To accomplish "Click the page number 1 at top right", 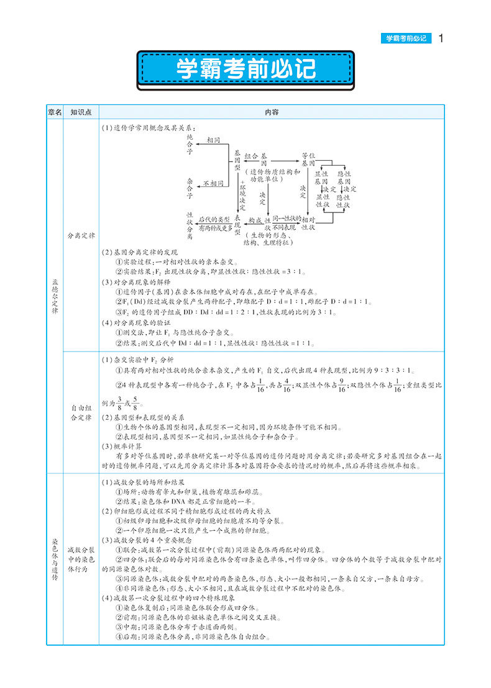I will click(x=441, y=38).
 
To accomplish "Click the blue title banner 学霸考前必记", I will click(x=245, y=69).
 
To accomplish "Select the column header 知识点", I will click(x=81, y=112).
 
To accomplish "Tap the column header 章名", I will click(x=55, y=112).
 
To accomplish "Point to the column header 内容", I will click(x=272, y=112).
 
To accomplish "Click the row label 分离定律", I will click(x=81, y=236).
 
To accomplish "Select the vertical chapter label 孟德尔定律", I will click(x=55, y=296).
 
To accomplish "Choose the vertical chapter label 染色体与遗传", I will click(x=55, y=559).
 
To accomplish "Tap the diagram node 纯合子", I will click(x=190, y=143).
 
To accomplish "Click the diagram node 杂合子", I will click(x=190, y=187).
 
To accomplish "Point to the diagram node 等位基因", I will click(x=304, y=158).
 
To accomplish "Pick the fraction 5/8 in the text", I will click(x=137, y=404).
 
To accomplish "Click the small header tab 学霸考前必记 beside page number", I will click(x=406, y=38).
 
